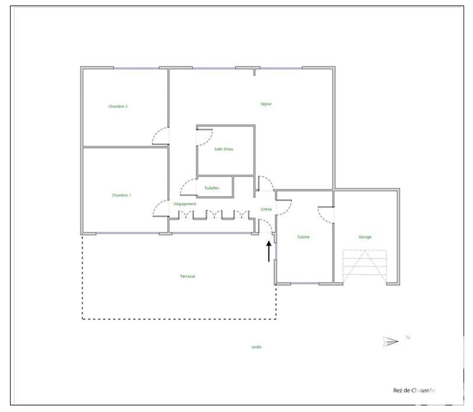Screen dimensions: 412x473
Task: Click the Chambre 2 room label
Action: coord(118,106)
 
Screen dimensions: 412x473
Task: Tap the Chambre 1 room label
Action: coord(121,195)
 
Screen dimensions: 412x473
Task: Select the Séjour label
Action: coord(266,104)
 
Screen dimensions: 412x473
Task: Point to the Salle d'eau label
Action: coord(224,149)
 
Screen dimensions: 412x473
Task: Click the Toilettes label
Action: coord(212,188)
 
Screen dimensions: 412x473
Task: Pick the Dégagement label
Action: coord(185,204)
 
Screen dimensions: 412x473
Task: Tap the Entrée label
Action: coord(265,210)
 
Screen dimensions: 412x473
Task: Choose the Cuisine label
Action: coord(303,237)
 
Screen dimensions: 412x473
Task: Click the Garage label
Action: coord(365,237)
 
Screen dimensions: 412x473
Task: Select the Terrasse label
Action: coord(188,276)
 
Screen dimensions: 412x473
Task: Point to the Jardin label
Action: coord(256,347)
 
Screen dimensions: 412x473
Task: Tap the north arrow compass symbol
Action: coord(390,341)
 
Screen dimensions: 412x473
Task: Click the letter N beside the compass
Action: coord(407,338)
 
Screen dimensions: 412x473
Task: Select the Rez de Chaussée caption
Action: coord(414,390)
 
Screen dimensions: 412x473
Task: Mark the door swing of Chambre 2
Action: coord(161,137)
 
